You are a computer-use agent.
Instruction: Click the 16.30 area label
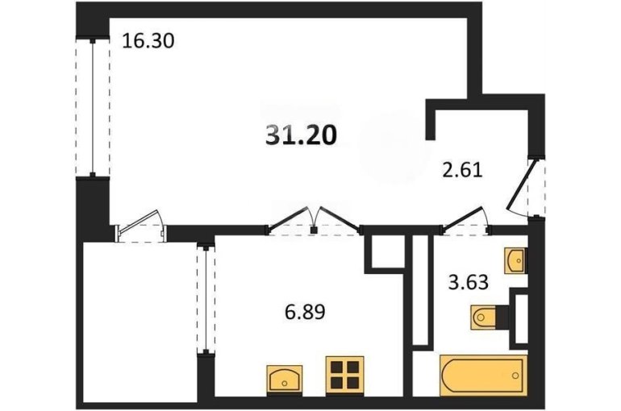(x=148, y=41)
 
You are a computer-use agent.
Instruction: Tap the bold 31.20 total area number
(x=301, y=135)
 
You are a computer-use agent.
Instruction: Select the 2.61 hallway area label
(x=462, y=171)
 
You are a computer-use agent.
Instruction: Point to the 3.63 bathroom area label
(x=468, y=282)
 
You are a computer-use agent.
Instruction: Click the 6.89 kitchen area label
(x=305, y=312)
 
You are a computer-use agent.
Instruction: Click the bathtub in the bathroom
(x=484, y=375)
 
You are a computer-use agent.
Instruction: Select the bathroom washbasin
(x=515, y=260)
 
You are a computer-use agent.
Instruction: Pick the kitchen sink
(x=285, y=379)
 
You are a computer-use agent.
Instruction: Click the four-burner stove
(x=344, y=375)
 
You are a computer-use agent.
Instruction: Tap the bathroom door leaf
(x=464, y=217)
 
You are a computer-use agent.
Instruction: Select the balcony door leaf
(x=139, y=219)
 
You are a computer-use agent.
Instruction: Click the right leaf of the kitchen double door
(x=340, y=218)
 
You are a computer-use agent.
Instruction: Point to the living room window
(x=93, y=108)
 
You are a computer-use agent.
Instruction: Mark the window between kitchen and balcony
(x=206, y=299)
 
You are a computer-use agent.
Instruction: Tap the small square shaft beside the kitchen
(x=388, y=253)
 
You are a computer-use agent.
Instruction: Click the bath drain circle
(x=515, y=375)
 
